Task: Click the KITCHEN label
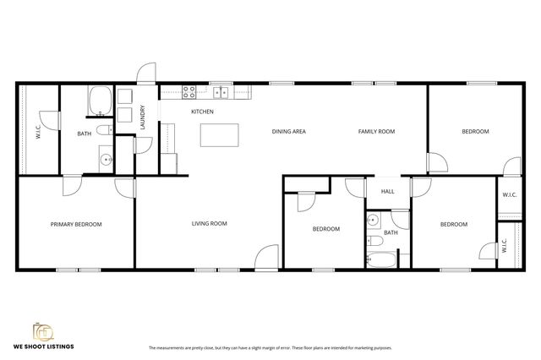click(x=202, y=112)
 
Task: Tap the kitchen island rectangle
click(x=219, y=135)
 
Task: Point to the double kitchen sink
click(x=221, y=93)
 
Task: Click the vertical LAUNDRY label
click(x=143, y=116)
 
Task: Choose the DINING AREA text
click(x=288, y=132)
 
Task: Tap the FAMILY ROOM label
click(x=376, y=132)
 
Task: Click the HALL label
click(x=387, y=192)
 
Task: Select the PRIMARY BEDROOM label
click(x=76, y=224)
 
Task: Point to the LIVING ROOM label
click(x=209, y=223)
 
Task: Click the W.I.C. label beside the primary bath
click(x=38, y=132)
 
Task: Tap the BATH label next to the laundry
click(x=85, y=134)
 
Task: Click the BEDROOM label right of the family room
click(x=474, y=132)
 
